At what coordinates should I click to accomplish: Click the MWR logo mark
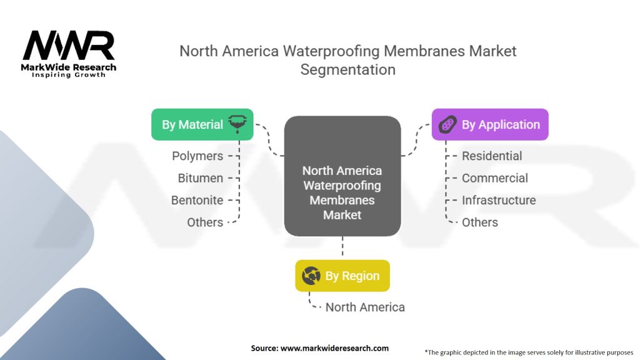click(69, 46)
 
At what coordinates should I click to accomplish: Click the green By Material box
click(202, 124)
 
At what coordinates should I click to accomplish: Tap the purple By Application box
click(490, 124)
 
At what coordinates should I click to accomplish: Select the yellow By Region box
click(342, 276)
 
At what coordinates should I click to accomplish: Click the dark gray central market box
click(342, 176)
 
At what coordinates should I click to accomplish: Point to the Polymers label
click(197, 156)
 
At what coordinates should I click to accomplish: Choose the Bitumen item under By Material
click(201, 178)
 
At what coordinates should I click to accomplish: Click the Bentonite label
click(197, 200)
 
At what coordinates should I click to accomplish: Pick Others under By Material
click(205, 222)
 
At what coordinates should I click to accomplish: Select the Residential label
click(492, 156)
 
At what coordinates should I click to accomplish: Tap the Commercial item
click(495, 178)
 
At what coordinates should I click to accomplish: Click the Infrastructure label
click(499, 200)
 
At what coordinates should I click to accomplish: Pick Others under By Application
click(479, 222)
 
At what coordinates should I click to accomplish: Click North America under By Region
click(365, 307)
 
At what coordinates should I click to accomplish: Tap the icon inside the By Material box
click(237, 124)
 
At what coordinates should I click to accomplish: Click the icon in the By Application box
click(447, 124)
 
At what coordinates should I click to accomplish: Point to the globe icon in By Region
click(311, 276)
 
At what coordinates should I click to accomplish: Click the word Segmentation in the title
click(348, 69)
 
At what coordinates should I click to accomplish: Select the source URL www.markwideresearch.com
click(334, 348)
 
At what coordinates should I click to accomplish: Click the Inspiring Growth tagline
click(69, 75)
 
